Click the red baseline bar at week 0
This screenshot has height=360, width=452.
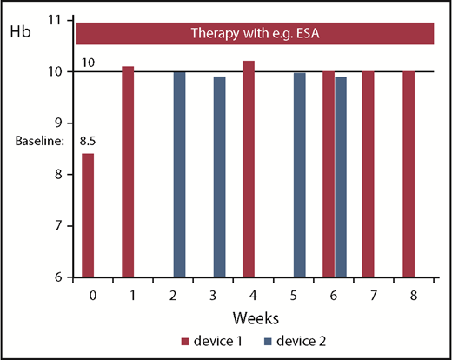click(x=88, y=216)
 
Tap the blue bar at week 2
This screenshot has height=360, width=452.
click(x=179, y=175)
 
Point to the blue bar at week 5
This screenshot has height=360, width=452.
click(x=299, y=175)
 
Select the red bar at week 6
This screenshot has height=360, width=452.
click(x=328, y=175)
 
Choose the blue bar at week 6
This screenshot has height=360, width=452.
click(x=340, y=177)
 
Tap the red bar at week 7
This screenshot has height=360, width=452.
click(x=369, y=175)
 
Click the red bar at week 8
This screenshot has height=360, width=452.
click(x=409, y=175)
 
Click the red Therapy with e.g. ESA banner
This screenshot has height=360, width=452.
click(x=255, y=33)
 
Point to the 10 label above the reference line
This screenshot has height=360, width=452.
click(x=89, y=63)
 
